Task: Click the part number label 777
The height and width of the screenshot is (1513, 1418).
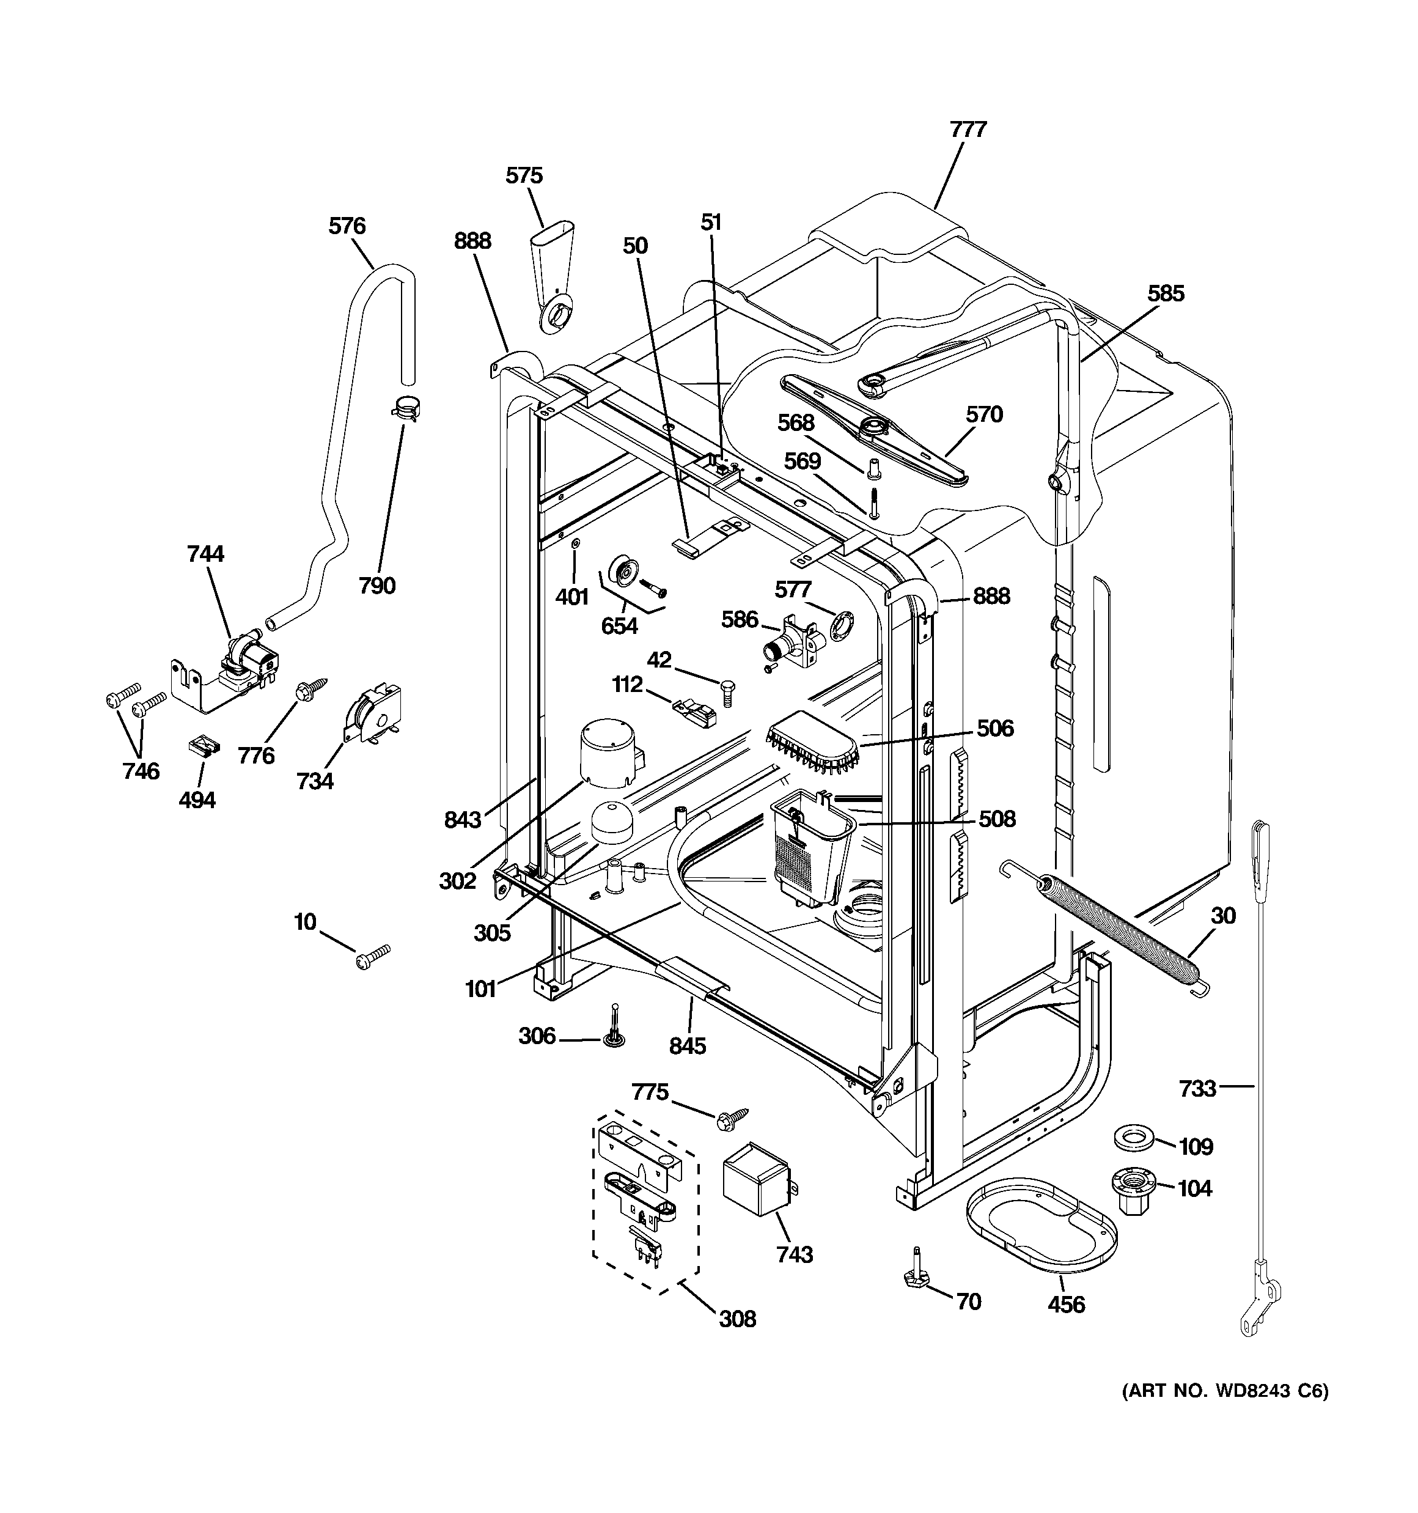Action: pyautogui.click(x=968, y=130)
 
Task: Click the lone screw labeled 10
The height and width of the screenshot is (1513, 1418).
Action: pyautogui.click(x=372, y=957)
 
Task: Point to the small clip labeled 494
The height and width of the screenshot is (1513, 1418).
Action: pyautogui.click(x=203, y=746)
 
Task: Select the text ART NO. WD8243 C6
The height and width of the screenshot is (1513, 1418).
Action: pyautogui.click(x=1225, y=1391)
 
